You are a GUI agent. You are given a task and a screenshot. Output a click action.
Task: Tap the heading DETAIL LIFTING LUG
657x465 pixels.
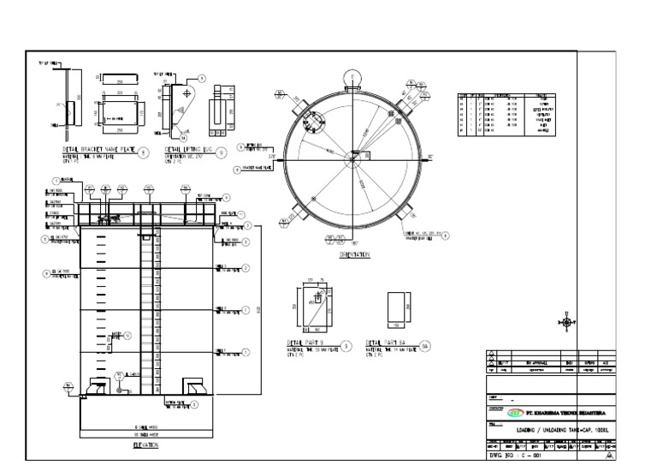[x=181, y=148]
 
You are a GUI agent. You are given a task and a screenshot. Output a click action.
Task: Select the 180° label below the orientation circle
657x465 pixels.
[x=352, y=241]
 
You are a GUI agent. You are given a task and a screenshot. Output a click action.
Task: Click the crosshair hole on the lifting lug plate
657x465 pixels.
[x=198, y=90]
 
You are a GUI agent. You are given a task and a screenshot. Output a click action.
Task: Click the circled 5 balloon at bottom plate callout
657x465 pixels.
[x=195, y=403]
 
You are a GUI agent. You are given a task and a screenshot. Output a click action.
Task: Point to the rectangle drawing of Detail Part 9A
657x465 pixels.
[x=398, y=311]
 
